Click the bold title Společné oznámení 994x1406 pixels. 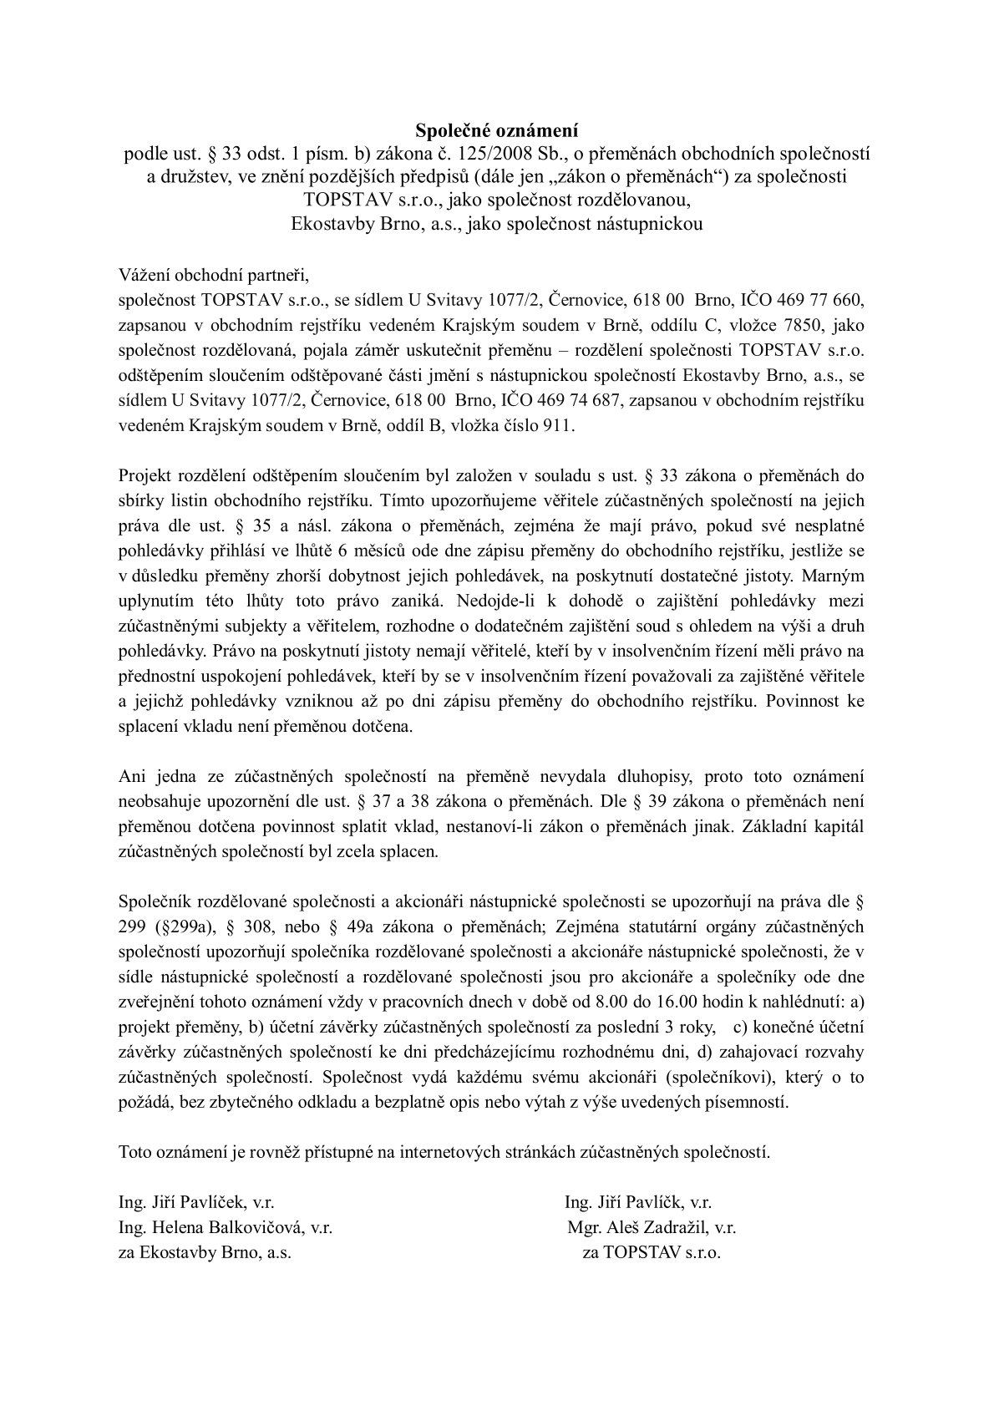click(x=497, y=130)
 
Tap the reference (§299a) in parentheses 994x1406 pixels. click(x=179, y=926)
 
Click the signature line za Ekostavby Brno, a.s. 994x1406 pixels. click(x=205, y=1253)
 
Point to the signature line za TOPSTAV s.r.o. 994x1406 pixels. click(x=652, y=1253)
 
